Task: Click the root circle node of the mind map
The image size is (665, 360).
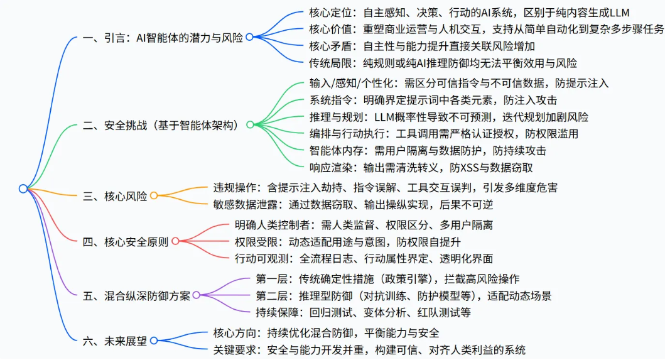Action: pos(23,188)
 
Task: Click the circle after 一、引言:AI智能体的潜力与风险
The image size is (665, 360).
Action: pos(249,37)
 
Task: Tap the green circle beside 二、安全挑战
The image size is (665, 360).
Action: pos(249,125)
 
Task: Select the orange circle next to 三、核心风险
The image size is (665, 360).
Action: pos(153,196)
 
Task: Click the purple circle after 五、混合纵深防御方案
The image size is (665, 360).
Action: pos(197,295)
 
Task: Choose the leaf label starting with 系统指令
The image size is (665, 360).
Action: pos(433,100)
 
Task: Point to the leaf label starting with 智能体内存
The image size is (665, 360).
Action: pos(428,150)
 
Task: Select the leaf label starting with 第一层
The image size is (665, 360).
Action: pos(387,278)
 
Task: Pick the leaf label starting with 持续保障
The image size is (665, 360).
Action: pos(362,312)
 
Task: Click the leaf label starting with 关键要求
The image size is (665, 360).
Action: pos(369,349)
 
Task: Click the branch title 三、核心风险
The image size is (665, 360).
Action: pos(115,196)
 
